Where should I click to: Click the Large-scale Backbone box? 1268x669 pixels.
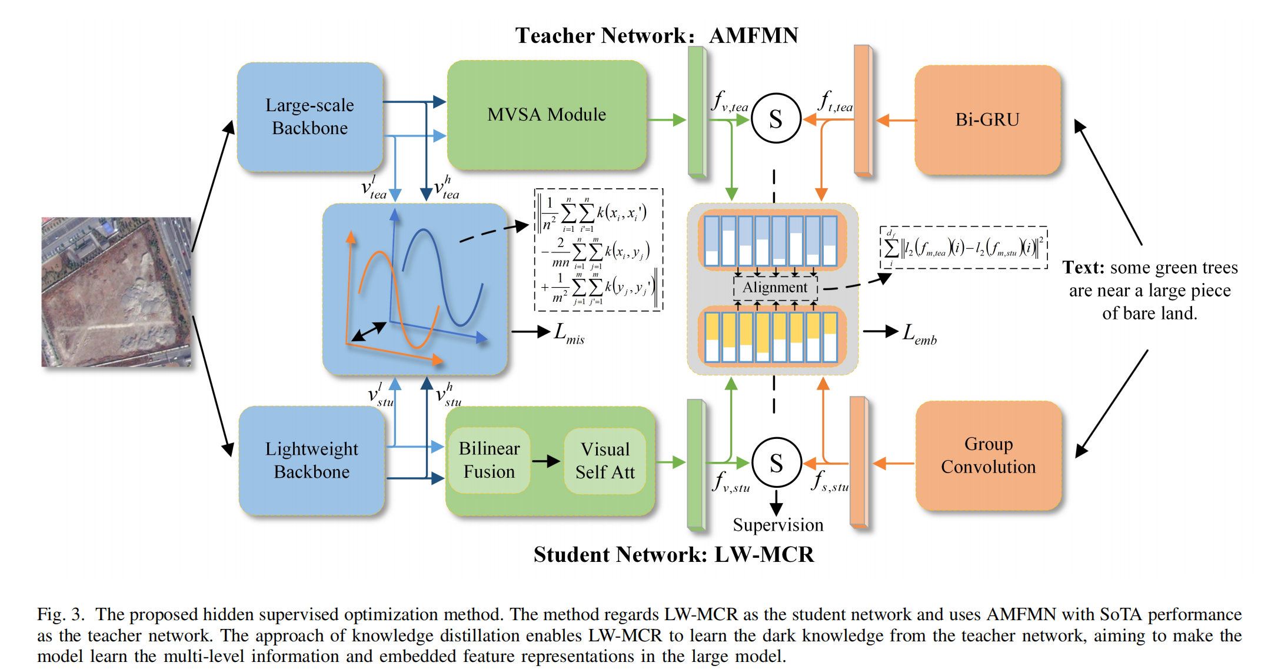(x=309, y=117)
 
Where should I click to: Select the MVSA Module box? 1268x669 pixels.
(x=546, y=115)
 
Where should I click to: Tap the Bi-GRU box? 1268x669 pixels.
(x=987, y=119)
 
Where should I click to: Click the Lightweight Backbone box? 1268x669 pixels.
(x=311, y=460)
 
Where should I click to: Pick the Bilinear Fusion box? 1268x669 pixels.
(x=489, y=460)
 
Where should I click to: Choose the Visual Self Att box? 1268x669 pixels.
(x=605, y=460)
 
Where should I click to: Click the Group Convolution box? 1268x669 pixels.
(x=988, y=455)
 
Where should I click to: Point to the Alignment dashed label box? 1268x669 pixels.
(x=775, y=287)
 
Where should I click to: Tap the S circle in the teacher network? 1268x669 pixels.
(x=776, y=119)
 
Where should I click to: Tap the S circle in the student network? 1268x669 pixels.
(x=776, y=463)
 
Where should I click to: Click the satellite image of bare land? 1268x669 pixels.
(x=117, y=292)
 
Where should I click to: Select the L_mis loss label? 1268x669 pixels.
(x=568, y=333)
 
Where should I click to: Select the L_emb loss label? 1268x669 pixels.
(x=919, y=334)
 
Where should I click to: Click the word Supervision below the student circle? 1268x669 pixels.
(x=778, y=525)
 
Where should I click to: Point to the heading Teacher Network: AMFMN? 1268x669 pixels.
(x=656, y=35)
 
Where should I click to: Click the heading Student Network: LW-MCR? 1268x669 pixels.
(x=673, y=554)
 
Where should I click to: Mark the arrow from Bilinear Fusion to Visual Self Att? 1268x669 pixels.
(x=546, y=461)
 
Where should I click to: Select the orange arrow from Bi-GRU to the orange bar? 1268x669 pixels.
(x=896, y=121)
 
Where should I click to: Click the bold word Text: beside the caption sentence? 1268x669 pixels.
(x=1083, y=268)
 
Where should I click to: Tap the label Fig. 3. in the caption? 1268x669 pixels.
(x=61, y=614)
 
